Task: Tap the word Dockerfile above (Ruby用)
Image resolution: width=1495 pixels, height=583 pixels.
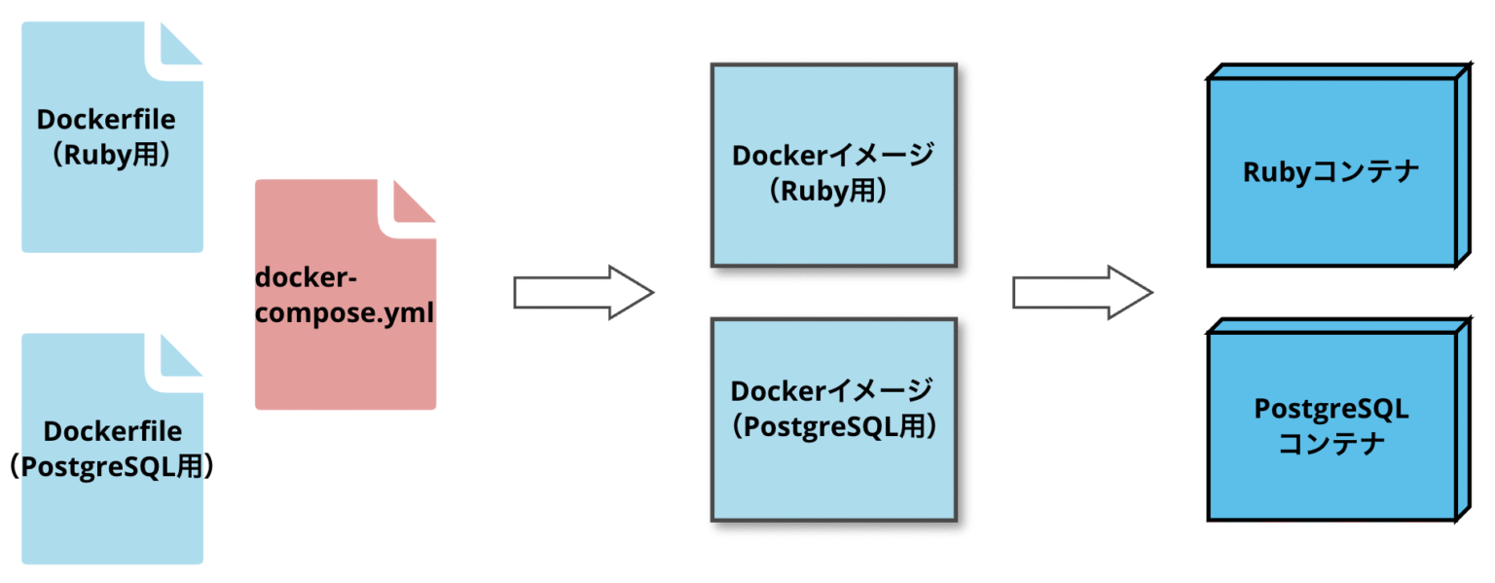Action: pyautogui.click(x=106, y=120)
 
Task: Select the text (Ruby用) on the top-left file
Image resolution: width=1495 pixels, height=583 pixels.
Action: pyautogui.click(x=106, y=155)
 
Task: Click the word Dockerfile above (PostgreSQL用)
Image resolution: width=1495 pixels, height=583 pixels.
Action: pyautogui.click(x=112, y=431)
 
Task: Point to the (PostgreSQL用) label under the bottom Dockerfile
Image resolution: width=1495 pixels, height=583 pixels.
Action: pyautogui.click(x=112, y=466)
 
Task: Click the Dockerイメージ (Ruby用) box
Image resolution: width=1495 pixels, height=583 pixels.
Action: pyautogui.click(x=833, y=165)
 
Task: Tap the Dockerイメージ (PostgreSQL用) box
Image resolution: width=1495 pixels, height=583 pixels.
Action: pyautogui.click(x=833, y=419)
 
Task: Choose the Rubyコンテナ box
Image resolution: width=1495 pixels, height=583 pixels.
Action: pyautogui.click(x=1331, y=172)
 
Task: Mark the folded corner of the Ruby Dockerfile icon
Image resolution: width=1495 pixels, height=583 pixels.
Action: pyautogui.click(x=180, y=45)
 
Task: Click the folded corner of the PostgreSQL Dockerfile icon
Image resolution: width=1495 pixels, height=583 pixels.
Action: pyautogui.click(x=180, y=356)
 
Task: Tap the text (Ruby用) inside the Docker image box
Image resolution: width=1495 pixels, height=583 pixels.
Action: pyautogui.click(x=833, y=191)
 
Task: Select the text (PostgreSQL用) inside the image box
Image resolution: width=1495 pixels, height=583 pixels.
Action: pyautogui.click(x=833, y=426)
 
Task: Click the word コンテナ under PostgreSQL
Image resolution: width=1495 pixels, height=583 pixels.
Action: pyautogui.click(x=1331, y=446)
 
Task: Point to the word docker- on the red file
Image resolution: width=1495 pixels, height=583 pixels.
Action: pyautogui.click(x=307, y=278)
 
